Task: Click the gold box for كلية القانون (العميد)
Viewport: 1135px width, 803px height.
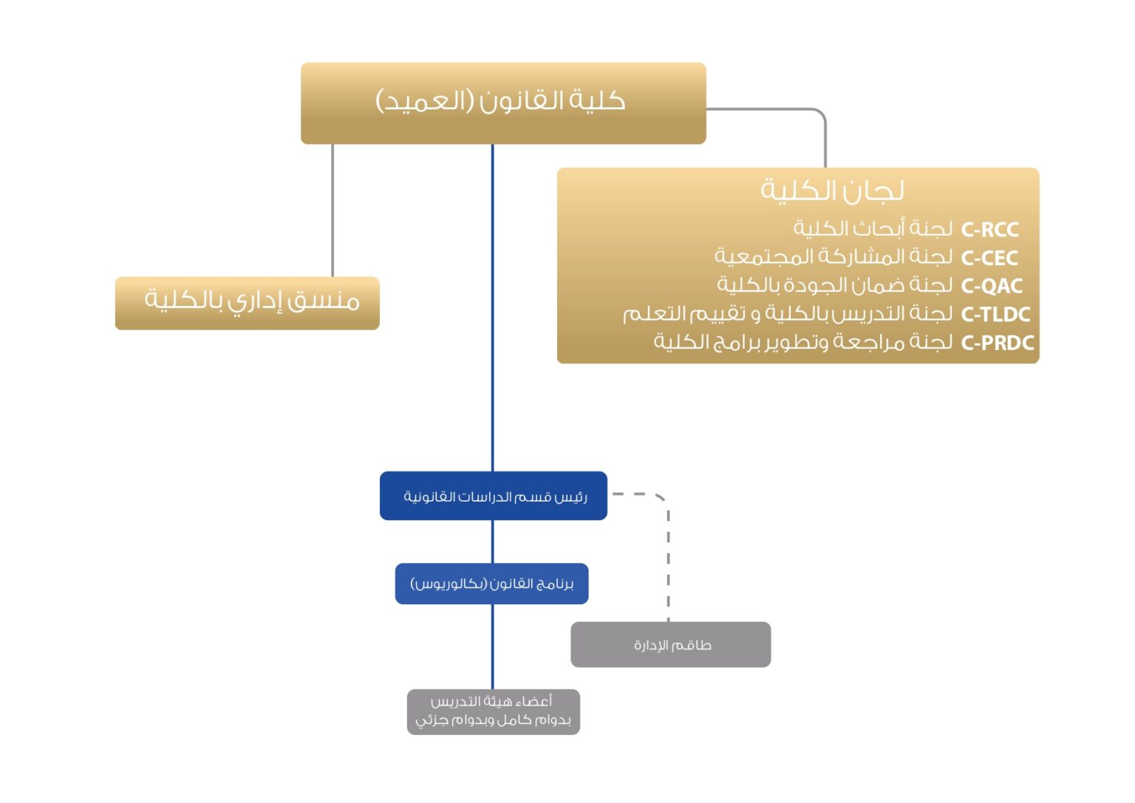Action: [502, 103]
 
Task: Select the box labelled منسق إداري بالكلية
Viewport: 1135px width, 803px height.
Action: [248, 303]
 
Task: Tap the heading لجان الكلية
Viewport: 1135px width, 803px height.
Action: [832, 191]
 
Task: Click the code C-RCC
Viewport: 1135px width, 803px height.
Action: [989, 230]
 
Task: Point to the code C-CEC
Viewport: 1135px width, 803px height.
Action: [989, 258]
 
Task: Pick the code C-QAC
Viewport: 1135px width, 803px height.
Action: [992, 286]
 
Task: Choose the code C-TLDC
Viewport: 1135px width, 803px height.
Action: [995, 315]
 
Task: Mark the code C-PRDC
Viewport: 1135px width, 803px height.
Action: [997, 343]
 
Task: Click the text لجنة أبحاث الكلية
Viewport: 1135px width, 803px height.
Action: [873, 229]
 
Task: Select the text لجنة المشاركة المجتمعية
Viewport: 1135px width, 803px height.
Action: [833, 257]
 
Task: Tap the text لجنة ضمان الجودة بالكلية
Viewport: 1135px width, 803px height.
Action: [834, 285]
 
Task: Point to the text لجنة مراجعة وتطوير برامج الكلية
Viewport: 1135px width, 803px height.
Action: [802, 342]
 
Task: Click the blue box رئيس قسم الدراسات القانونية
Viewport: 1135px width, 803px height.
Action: [494, 496]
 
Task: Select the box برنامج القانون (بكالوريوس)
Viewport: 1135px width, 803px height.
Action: [491, 584]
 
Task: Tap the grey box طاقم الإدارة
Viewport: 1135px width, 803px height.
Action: [671, 645]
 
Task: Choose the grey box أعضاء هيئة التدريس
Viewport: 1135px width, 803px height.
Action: [493, 711]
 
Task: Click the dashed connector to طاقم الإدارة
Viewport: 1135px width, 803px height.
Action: [668, 561]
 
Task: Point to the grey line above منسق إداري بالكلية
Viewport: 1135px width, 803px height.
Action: [333, 211]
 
